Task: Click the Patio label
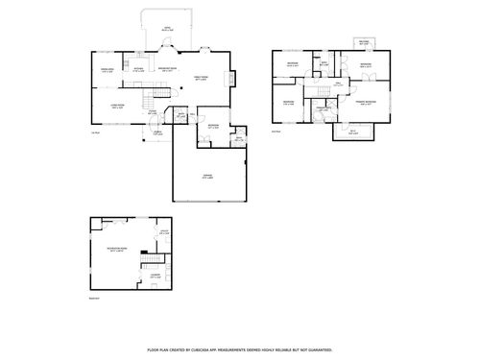[166, 29]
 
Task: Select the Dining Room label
[108, 70]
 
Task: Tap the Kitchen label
[138, 69]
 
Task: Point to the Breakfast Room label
[165, 69]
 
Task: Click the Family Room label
[203, 79]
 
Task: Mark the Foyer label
[153, 114]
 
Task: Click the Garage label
[207, 176]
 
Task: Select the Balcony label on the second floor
[364, 43]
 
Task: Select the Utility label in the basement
[164, 233]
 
